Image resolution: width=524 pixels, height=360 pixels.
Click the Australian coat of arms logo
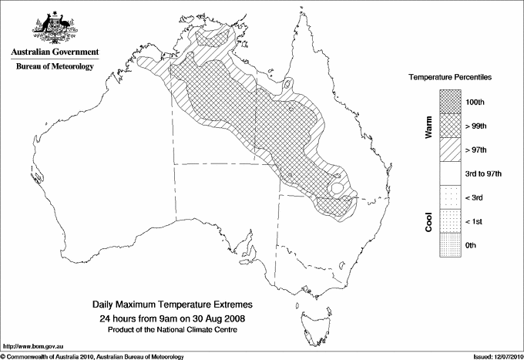coord(54,29)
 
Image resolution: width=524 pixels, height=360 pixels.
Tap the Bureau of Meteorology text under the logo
coord(55,67)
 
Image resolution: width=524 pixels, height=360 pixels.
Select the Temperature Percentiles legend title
coord(451,79)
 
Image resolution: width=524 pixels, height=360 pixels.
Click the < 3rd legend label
coord(475,197)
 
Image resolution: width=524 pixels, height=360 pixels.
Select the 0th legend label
coord(472,245)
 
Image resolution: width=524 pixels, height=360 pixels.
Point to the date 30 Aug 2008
coord(223,318)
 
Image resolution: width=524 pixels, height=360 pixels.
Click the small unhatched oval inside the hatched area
coord(337,188)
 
